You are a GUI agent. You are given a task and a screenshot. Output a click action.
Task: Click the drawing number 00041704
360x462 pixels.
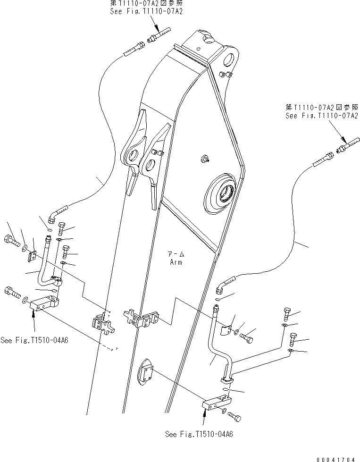point(336,458)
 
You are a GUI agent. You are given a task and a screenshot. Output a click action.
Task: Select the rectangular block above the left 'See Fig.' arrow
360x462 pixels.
point(45,303)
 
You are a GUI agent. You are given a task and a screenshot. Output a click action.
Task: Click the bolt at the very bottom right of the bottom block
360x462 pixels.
point(235,416)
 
